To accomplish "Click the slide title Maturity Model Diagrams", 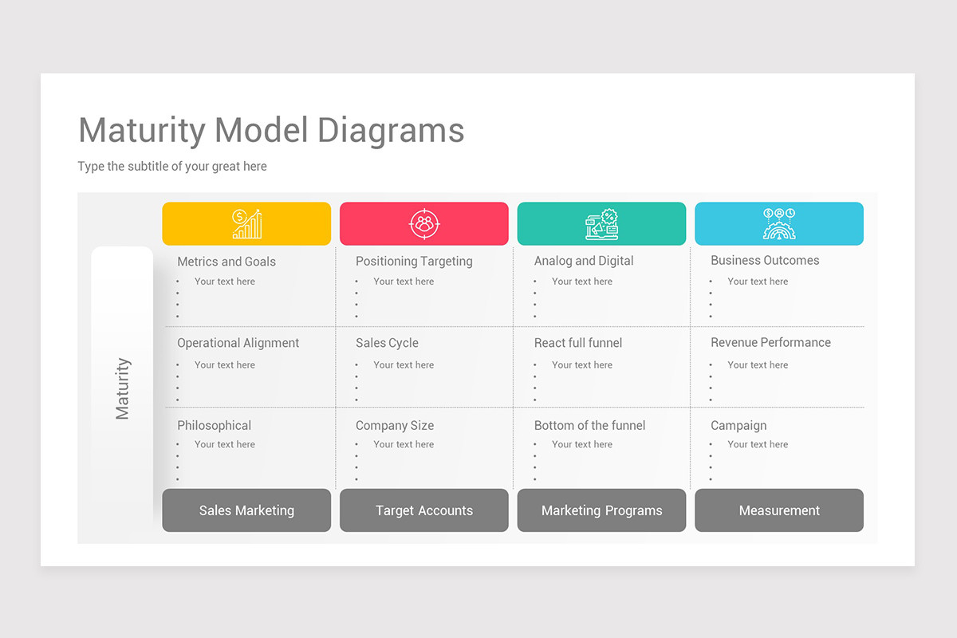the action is [x=271, y=131].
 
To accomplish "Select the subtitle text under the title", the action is [x=172, y=166].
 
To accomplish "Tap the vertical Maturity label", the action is [x=123, y=388].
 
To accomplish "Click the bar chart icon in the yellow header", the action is [x=247, y=223].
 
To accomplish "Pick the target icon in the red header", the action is [x=424, y=223].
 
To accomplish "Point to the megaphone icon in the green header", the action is [x=601, y=224].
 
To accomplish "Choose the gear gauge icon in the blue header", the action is [x=779, y=223].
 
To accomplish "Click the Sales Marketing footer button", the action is [x=246, y=510].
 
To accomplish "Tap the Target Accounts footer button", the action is [x=424, y=510].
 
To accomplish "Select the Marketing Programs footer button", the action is [x=601, y=510].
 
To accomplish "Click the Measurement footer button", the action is [x=779, y=510].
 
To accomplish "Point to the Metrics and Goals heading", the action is [x=226, y=262].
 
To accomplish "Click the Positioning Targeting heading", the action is [x=414, y=261].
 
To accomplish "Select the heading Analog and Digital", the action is [x=584, y=261].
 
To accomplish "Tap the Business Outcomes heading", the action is [x=765, y=260].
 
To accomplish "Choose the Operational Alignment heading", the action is [x=238, y=343].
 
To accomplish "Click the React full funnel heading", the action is [x=578, y=343].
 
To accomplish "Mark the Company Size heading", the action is [x=395, y=426].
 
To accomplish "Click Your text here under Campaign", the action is [x=758, y=444].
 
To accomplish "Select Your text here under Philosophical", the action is [x=225, y=444].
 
